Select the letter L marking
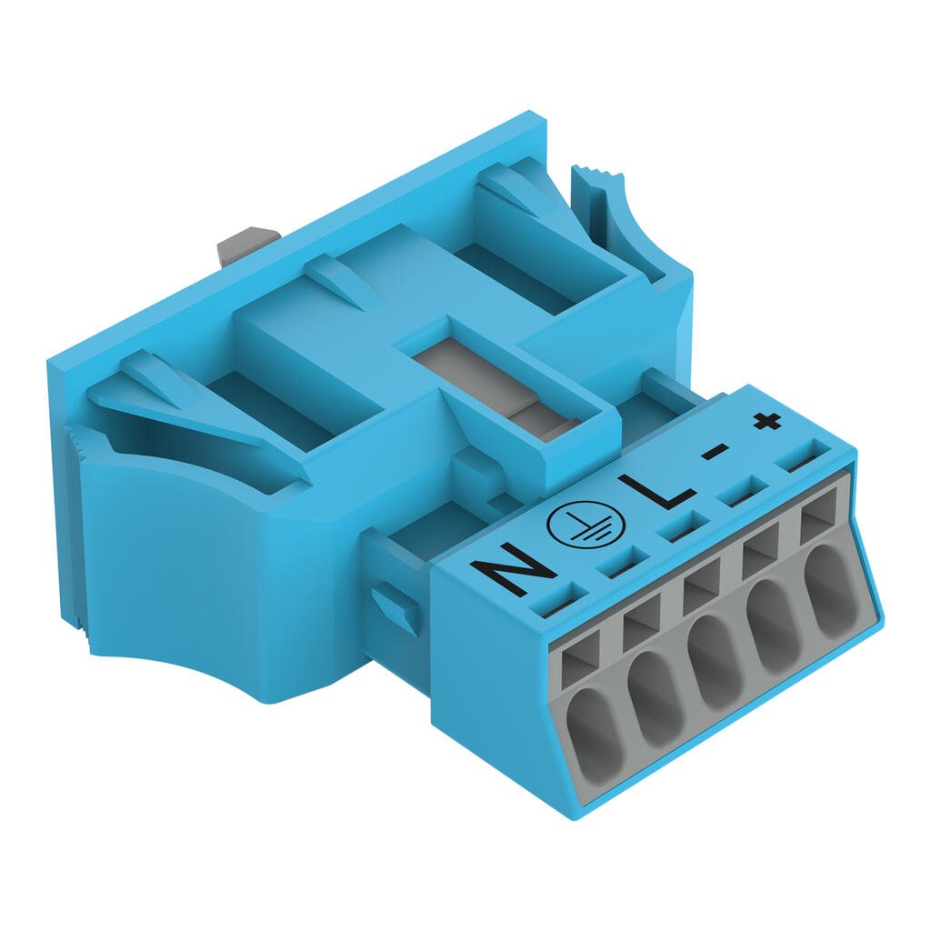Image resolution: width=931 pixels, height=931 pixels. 656,492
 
